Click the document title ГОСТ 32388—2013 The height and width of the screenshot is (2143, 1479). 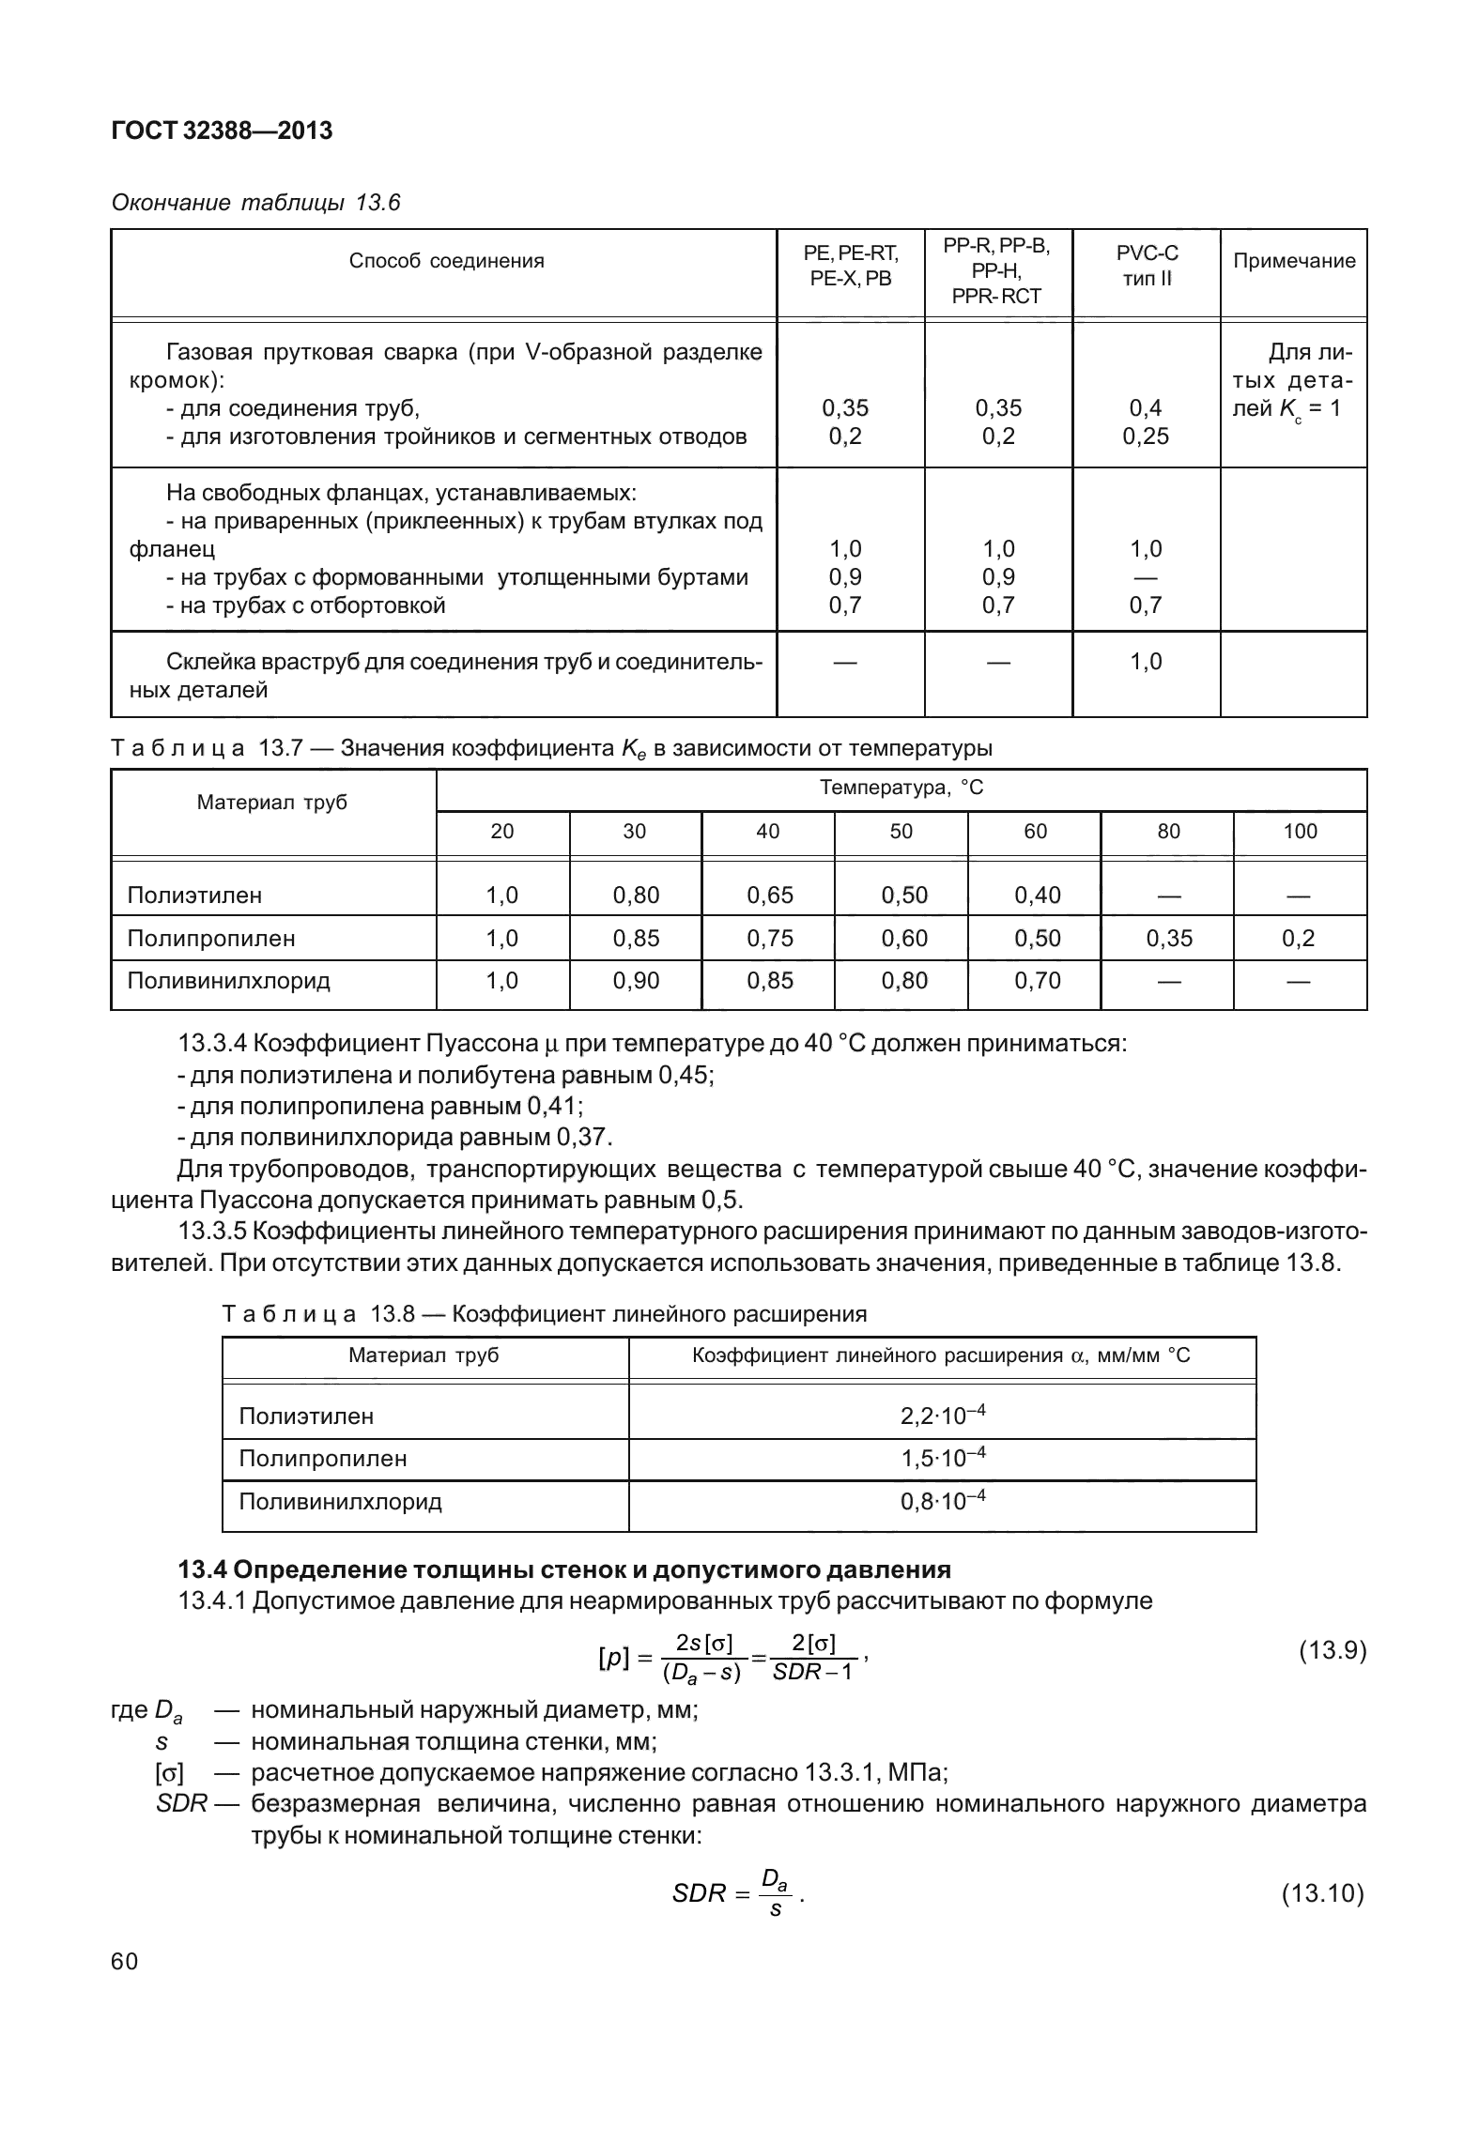coord(222,130)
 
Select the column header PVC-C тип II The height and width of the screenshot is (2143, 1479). coord(1147,267)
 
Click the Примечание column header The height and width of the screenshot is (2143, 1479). coord(1293,261)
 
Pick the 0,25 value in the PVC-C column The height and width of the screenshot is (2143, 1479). coord(1146,436)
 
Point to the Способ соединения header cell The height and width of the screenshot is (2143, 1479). coord(446,261)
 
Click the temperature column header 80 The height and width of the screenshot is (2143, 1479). coord(1168,832)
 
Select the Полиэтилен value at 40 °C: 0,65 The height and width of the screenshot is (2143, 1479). coord(770,895)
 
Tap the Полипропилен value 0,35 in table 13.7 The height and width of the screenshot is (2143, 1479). coord(1168,939)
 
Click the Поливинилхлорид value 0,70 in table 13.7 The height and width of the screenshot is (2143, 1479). coord(1037,981)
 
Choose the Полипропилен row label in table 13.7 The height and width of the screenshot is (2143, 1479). coord(211,939)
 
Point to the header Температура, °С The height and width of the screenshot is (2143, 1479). coord(901,788)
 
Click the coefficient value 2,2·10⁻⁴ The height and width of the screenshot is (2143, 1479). coord(942,1416)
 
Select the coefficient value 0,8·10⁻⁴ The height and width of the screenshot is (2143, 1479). coord(942,1501)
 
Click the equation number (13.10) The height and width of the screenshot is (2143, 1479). coord(1322,1894)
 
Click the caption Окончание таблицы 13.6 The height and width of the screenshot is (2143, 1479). coord(255,203)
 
